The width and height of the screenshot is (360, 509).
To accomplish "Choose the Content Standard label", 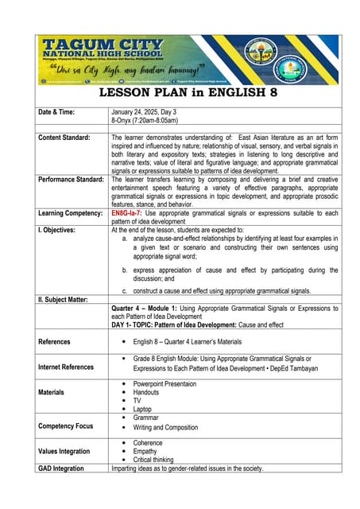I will click(x=64, y=138).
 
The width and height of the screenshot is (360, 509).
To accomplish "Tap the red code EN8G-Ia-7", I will click(x=130, y=214).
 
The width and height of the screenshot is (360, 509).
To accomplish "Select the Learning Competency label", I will click(x=72, y=214).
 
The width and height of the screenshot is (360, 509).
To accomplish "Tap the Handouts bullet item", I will click(x=149, y=392).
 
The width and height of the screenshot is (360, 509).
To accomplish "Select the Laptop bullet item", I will click(x=145, y=409).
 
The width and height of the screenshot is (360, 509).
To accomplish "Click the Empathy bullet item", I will click(x=147, y=451).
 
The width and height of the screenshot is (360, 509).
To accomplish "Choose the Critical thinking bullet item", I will click(x=156, y=460).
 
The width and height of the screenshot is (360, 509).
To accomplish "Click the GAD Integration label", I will click(x=61, y=468).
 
